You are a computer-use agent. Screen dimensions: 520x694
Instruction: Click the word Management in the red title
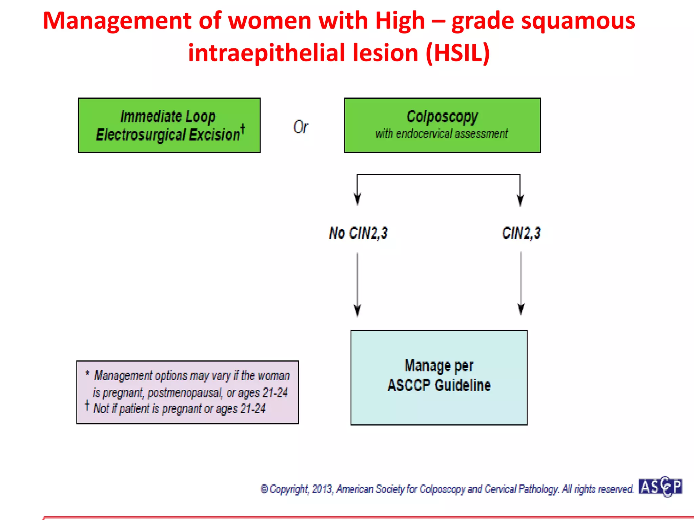coord(117,21)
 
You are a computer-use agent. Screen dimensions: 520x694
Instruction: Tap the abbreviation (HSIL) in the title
coord(457,53)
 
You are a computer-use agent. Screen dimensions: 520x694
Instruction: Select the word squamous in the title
coord(578,21)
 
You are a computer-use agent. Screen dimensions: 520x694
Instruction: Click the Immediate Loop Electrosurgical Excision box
coord(169,125)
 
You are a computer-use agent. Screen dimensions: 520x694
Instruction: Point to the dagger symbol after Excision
coord(243,129)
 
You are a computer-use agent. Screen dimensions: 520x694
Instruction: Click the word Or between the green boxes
coord(301,127)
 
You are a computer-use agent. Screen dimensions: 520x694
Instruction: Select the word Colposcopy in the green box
coord(442,117)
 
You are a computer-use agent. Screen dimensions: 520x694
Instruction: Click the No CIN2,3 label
coord(358,233)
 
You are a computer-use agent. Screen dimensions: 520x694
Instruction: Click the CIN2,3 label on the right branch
coord(521,233)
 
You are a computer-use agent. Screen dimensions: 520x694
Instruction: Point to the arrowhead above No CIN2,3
coord(357,199)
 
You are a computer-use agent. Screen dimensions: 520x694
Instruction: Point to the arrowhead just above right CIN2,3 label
coord(520,200)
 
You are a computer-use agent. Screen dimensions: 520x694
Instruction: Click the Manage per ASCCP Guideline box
coord(439,377)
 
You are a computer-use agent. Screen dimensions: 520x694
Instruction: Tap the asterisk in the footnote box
coord(87,373)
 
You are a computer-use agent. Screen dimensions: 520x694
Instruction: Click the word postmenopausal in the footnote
coord(185,393)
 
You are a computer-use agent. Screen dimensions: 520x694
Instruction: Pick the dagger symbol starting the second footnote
coord(87,405)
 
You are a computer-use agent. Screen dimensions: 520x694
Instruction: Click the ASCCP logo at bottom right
coord(660,487)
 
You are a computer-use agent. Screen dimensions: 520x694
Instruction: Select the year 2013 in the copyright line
coord(322,489)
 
